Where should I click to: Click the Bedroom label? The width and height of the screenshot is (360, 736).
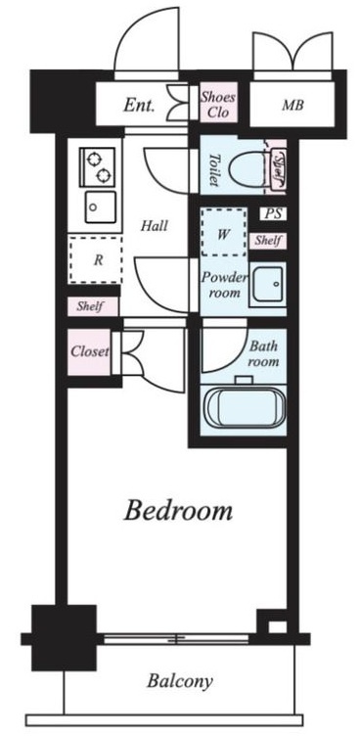(178, 512)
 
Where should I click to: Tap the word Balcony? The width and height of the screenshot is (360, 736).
(180, 680)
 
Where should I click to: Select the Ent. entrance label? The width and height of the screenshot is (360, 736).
(139, 106)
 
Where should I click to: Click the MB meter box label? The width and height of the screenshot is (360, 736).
(292, 105)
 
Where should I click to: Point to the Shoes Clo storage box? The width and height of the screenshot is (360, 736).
(218, 104)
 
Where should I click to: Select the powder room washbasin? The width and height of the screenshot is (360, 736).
(267, 286)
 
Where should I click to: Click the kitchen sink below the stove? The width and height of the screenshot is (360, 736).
(101, 207)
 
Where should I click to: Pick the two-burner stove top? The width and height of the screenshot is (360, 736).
(98, 166)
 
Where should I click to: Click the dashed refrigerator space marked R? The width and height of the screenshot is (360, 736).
(96, 259)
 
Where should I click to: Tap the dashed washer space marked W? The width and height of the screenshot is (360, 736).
(223, 232)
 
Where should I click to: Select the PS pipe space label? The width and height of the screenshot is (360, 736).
(273, 214)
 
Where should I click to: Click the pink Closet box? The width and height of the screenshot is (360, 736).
(89, 351)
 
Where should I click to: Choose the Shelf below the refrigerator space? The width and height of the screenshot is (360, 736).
(93, 306)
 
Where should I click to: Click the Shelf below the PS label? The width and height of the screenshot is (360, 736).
(268, 241)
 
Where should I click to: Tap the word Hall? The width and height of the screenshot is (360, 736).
(155, 226)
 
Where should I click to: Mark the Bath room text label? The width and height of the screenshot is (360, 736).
(263, 354)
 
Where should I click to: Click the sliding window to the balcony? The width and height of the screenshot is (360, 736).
(176, 638)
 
